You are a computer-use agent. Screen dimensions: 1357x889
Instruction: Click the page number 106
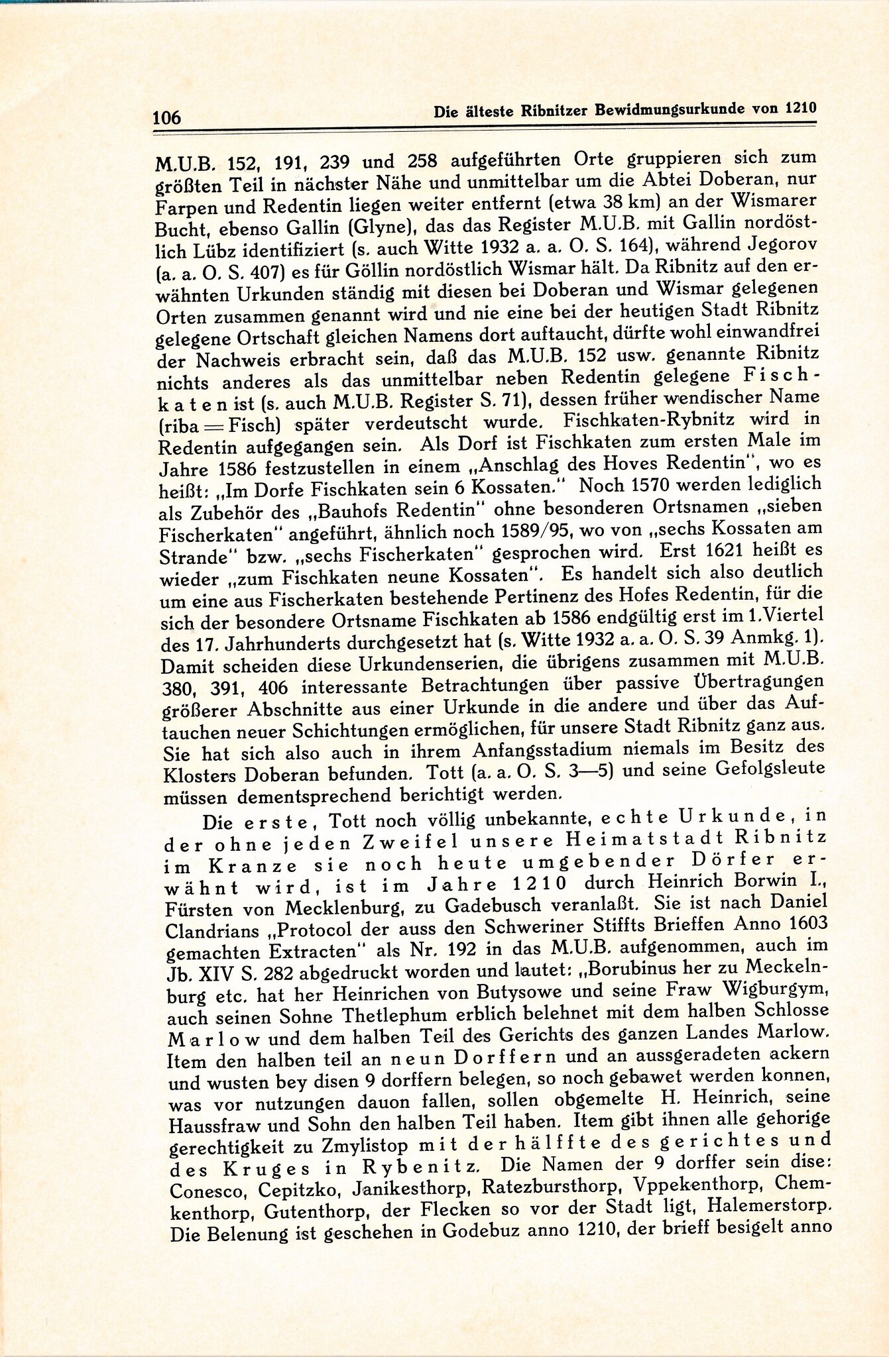(x=166, y=118)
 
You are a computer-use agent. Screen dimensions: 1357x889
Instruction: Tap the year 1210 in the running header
(x=799, y=109)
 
